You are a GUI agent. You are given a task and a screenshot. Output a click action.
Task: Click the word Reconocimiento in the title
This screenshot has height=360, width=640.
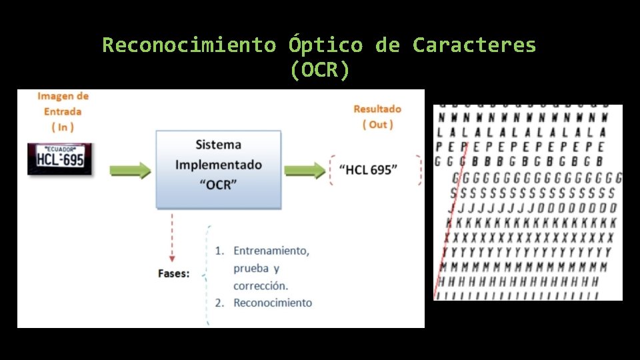pyautogui.click(x=189, y=45)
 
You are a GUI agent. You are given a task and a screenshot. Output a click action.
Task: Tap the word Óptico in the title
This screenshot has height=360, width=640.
pyautogui.click(x=326, y=45)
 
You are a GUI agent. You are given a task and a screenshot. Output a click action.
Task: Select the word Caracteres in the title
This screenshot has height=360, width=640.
pyautogui.click(x=474, y=45)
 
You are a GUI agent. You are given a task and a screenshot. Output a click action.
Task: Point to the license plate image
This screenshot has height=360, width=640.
pyautogui.click(x=60, y=159)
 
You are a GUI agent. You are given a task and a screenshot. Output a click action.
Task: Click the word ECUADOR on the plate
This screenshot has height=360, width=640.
pyautogui.click(x=60, y=149)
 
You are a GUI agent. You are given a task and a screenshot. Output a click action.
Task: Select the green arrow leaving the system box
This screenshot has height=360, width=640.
pyautogui.click(x=303, y=170)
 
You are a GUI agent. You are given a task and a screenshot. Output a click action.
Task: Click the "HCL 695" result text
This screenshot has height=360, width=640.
pyautogui.click(x=367, y=169)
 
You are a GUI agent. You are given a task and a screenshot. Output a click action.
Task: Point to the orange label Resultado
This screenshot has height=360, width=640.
pyautogui.click(x=377, y=109)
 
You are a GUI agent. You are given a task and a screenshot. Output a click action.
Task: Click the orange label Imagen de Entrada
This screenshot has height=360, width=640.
pyautogui.click(x=63, y=104)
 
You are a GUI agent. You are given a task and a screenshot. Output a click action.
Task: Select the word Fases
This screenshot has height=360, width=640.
pyautogui.click(x=173, y=273)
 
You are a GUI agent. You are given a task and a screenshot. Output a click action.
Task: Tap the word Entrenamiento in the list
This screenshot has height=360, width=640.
pyautogui.click(x=271, y=251)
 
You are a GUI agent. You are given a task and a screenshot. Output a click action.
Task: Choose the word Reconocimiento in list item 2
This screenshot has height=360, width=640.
pyautogui.click(x=272, y=303)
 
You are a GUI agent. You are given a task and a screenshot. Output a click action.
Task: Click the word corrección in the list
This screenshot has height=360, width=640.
pyautogui.click(x=261, y=285)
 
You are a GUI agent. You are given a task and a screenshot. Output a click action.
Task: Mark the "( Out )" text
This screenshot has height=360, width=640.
pyautogui.click(x=377, y=125)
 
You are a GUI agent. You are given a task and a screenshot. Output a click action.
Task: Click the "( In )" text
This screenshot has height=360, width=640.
pyautogui.click(x=63, y=127)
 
